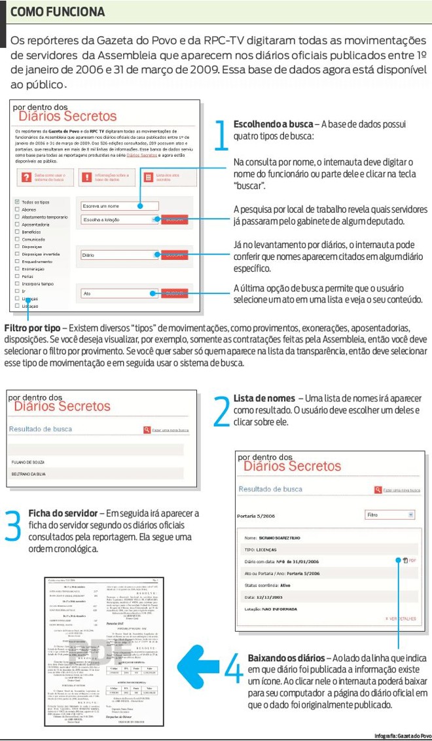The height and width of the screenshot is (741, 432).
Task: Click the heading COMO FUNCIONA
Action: click(58, 12)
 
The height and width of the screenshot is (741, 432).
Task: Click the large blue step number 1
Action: click(221, 134)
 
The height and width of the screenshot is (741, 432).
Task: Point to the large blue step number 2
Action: click(221, 409)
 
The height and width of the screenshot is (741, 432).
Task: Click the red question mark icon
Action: click(26, 177)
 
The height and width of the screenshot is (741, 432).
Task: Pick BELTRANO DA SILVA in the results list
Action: click(31, 473)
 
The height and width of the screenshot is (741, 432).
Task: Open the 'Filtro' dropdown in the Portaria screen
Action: click(390, 515)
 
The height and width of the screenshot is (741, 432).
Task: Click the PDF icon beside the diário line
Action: click(405, 560)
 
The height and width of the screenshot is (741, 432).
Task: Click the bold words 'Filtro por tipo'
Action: click(33, 327)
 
